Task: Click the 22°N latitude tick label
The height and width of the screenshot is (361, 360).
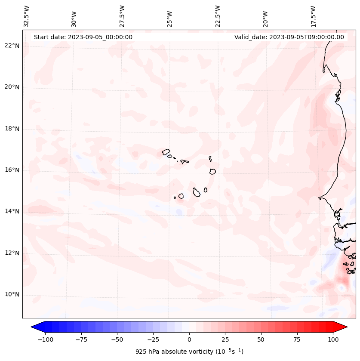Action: click(x=12, y=46)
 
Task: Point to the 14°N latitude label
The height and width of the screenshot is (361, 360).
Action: click(x=12, y=211)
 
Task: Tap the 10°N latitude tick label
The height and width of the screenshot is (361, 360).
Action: click(x=12, y=294)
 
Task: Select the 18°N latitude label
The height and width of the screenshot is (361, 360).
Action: click(x=12, y=129)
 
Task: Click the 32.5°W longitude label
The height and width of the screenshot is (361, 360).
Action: click(x=27, y=16)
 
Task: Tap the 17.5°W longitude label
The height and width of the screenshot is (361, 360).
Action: click(x=313, y=16)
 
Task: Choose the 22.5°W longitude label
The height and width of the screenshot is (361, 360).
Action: click(x=218, y=16)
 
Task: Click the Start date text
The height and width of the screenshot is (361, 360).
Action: click(x=83, y=37)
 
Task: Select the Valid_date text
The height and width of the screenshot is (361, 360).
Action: click(x=289, y=37)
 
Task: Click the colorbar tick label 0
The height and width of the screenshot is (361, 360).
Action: click(x=189, y=339)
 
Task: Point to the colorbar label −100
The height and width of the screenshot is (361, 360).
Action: click(x=45, y=339)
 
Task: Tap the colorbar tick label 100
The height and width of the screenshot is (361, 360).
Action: click(x=333, y=339)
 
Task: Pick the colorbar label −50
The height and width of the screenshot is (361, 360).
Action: click(x=117, y=339)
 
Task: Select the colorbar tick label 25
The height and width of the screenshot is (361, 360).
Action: click(x=225, y=339)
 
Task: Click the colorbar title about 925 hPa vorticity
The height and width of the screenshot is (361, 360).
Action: click(x=189, y=352)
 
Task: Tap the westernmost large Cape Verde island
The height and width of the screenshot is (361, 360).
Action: click(x=166, y=151)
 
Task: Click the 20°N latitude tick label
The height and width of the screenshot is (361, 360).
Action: click(x=12, y=87)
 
